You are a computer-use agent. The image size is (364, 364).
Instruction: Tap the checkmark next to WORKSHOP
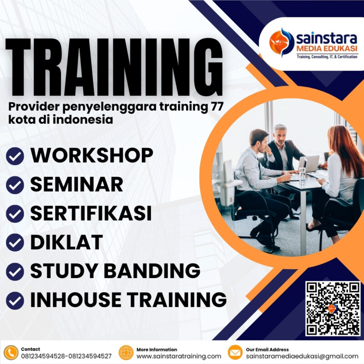[x=15, y=157]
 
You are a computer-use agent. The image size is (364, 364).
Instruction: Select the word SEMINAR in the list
[x=76, y=184]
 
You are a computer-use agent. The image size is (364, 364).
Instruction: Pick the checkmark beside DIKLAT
[x=15, y=242]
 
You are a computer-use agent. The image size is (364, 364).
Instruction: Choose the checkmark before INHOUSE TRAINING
[x=15, y=299]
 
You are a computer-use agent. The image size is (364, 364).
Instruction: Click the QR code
[x=333, y=308]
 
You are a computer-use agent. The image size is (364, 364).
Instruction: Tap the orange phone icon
[x=10, y=353]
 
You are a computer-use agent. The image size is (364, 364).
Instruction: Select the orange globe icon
[x=126, y=353]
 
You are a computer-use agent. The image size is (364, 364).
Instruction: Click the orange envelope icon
[x=235, y=353]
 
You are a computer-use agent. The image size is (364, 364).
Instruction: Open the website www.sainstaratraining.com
[x=179, y=356]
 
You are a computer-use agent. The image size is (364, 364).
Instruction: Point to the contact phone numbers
[x=66, y=356]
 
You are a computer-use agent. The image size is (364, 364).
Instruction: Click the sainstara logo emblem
[x=281, y=42]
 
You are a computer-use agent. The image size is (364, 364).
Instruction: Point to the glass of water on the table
[x=302, y=174]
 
